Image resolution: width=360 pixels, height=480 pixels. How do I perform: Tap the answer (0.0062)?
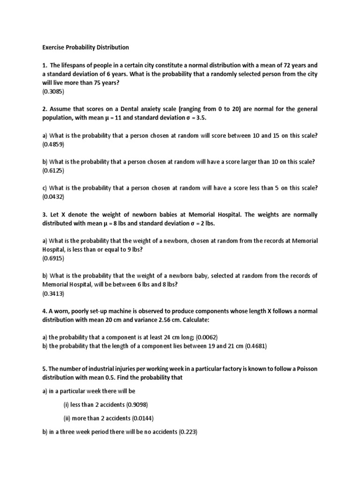pos(206,337)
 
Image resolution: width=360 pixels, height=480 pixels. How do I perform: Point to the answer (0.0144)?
pos(139,418)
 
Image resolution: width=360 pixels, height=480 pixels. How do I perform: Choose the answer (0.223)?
pos(189,432)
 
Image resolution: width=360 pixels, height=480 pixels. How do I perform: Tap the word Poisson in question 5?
pos(307,369)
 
